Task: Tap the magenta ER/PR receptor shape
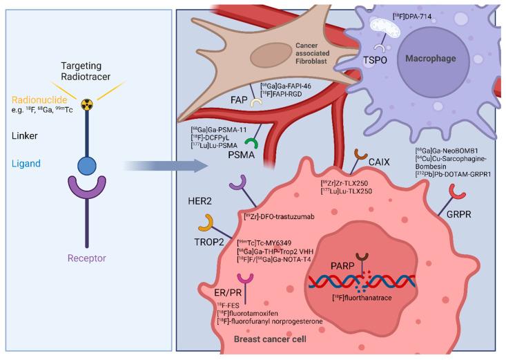[244, 281]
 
